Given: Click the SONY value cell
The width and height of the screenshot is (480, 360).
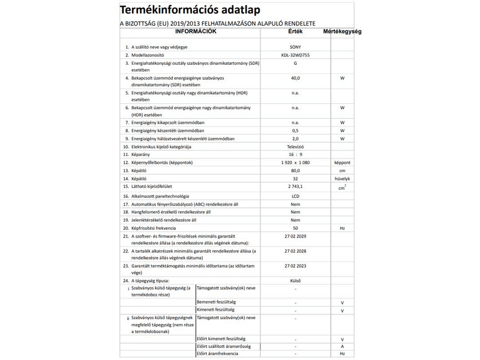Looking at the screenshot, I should pyautogui.click(x=295, y=46).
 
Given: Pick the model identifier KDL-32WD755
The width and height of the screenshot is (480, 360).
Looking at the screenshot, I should pyautogui.click(x=295, y=55).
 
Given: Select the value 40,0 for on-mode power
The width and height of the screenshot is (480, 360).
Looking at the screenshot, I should pyautogui.click(x=295, y=78).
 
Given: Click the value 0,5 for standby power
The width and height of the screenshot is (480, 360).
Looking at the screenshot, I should pyautogui.click(x=295, y=130).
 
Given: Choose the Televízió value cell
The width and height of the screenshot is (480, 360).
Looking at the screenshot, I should pyautogui.click(x=295, y=146).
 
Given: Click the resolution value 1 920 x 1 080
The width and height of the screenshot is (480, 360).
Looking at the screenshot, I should pyautogui.click(x=295, y=163).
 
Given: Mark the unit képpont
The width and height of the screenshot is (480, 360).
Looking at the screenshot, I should pyautogui.click(x=342, y=163).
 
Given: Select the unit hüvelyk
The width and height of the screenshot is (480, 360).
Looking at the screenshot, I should pyautogui.click(x=342, y=179).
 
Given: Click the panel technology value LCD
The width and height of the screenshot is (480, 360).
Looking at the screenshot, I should pyautogui.click(x=295, y=196).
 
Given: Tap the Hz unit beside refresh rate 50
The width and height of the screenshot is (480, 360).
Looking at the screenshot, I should pyautogui.click(x=342, y=229).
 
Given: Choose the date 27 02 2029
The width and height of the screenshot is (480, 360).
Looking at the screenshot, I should pyautogui.click(x=295, y=238).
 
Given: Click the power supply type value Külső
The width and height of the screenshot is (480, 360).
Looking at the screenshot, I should pyautogui.click(x=295, y=280).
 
